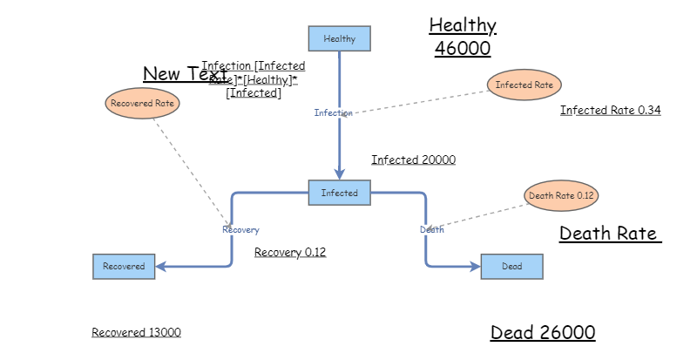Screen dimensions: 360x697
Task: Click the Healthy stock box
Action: pos(339,38)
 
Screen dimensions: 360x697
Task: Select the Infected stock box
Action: pos(339,193)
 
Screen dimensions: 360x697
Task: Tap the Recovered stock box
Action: pos(124,266)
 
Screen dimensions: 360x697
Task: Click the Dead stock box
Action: pos(511,266)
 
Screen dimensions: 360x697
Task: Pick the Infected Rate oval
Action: pos(524,85)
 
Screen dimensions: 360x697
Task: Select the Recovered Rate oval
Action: pos(142,103)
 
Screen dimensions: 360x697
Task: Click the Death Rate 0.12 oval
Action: pos(561,195)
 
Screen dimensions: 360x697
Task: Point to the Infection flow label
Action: pos(334,112)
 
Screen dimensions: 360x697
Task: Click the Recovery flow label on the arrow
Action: pos(240,229)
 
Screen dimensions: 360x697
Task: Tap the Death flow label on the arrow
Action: pos(431,229)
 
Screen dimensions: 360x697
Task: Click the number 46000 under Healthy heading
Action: pos(463,48)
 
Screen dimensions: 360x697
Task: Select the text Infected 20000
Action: pos(413,160)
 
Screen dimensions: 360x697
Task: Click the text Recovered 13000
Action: pos(136,332)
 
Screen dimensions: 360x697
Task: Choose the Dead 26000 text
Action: pos(543,332)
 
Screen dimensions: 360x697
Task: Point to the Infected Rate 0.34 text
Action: pos(610,110)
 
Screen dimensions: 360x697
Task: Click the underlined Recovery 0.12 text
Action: pos(290,252)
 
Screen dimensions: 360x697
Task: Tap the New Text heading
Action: pos(185,74)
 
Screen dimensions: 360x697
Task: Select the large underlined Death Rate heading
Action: pos(609,234)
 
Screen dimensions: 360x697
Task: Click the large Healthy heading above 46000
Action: pos(463,25)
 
